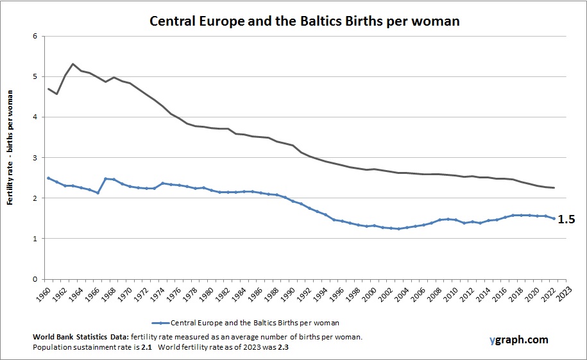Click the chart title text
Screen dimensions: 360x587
coord(304,21)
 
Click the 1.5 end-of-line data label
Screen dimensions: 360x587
coord(566,219)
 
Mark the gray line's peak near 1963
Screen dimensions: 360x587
coord(72,64)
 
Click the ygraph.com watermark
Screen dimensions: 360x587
coord(517,340)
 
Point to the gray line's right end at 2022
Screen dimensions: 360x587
coord(554,187)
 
